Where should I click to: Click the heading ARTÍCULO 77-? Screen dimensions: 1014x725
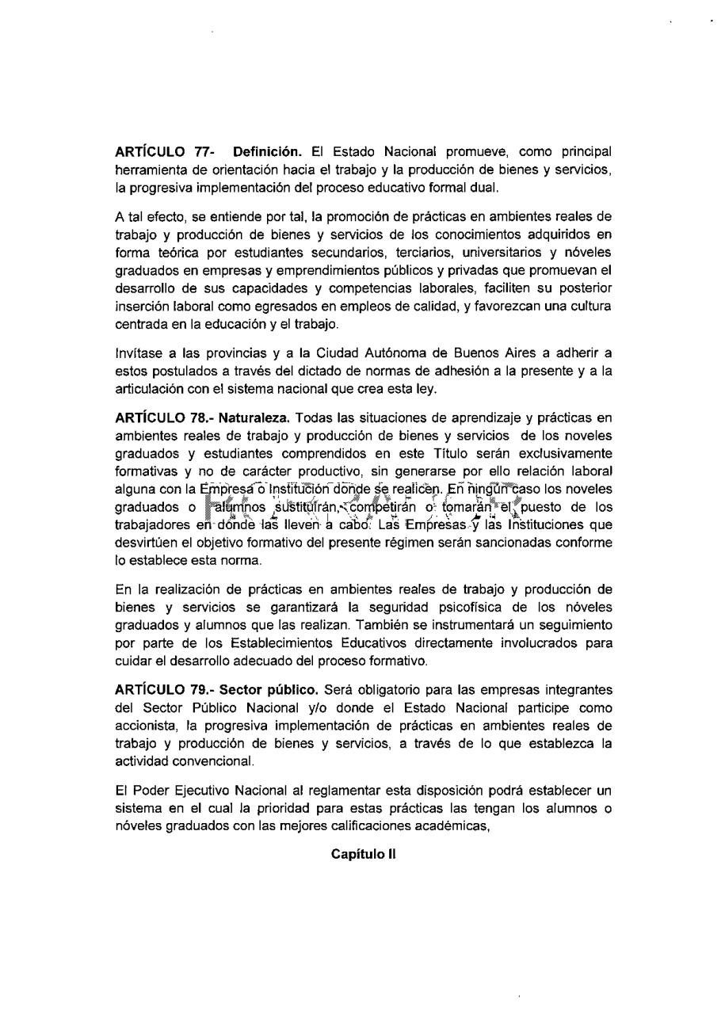(160, 151)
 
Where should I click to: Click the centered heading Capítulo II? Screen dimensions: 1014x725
(364, 854)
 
